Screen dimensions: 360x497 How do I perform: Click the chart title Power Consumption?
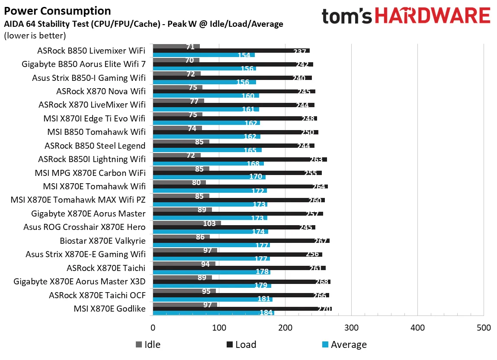(57, 11)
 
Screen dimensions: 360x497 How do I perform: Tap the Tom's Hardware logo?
(406, 16)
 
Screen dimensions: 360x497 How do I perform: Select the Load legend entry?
(241, 344)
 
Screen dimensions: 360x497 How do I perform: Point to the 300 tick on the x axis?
(351, 328)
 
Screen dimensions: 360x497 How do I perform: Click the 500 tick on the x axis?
(483, 328)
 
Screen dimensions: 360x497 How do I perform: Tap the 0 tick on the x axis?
(153, 328)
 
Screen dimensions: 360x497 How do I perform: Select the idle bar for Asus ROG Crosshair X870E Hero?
(186, 223)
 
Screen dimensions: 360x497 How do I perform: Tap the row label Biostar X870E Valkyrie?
(103, 241)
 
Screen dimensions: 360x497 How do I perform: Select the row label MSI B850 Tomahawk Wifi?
(96, 132)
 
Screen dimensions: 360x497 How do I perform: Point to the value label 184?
(266, 313)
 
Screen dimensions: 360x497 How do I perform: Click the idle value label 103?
(210, 223)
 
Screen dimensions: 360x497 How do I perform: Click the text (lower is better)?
(35, 35)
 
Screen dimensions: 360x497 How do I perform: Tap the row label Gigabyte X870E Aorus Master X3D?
(80, 282)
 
